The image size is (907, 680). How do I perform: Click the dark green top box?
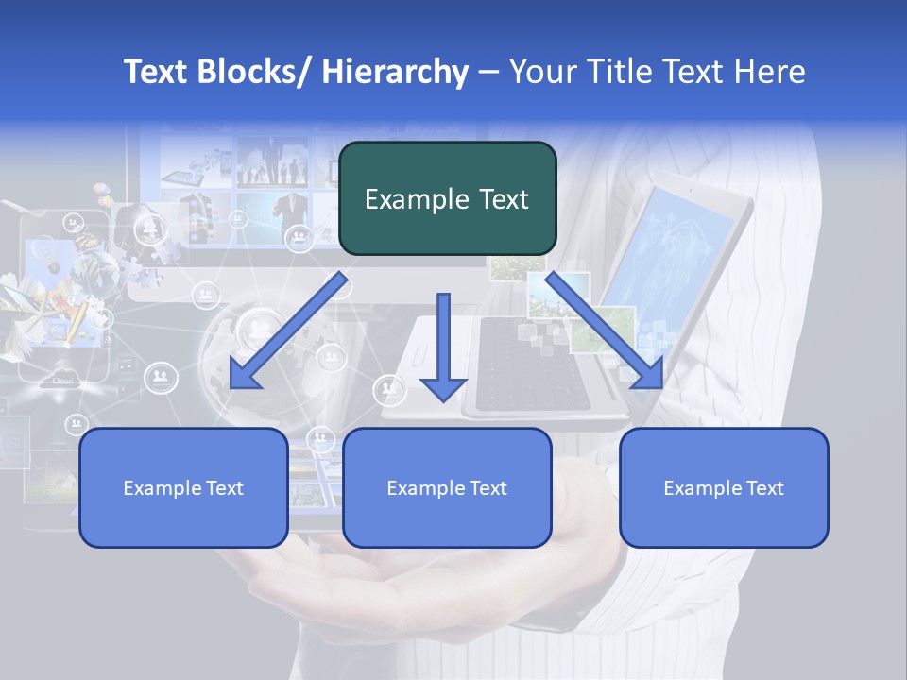pyautogui.click(x=447, y=198)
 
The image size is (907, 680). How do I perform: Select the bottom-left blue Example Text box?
pyautogui.click(x=183, y=487)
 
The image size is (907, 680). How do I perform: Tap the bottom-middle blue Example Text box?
pyautogui.click(x=447, y=487)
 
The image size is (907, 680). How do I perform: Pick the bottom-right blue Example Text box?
pyautogui.click(x=724, y=487)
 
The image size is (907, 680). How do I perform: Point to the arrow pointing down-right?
pyautogui.click(x=605, y=331)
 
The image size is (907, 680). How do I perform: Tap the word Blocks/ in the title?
pyautogui.click(x=247, y=73)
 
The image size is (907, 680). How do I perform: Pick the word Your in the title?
pyautogui.click(x=538, y=73)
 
